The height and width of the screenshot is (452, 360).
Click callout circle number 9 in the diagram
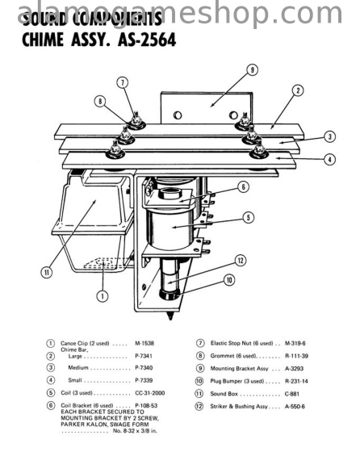tap(253, 69)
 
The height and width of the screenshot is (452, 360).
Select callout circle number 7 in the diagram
tap(122, 82)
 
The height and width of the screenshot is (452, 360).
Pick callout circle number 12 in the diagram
tap(241, 260)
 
